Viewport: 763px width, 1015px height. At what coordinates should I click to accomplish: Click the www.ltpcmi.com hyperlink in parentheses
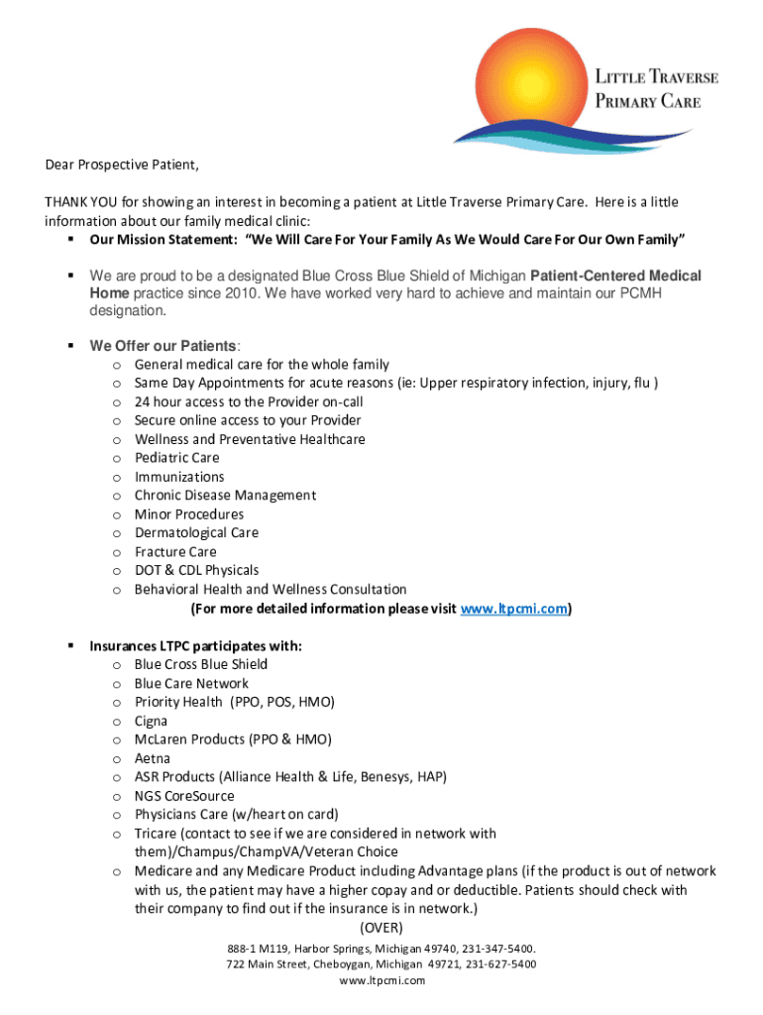pos(514,609)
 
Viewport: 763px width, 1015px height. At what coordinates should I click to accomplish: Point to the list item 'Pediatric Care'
pos(177,458)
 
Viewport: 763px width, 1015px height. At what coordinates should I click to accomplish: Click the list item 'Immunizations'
pos(179,477)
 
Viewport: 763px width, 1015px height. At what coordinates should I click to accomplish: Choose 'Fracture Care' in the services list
pos(175,552)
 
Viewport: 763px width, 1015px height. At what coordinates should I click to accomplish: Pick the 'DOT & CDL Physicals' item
pos(196,571)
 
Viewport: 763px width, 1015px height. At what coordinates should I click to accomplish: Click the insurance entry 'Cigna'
pos(151,722)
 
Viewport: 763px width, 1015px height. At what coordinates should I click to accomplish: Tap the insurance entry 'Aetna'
pos(153,759)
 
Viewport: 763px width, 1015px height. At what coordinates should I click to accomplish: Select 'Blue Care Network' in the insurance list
pos(191,684)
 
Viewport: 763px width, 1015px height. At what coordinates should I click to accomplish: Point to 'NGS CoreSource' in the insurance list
pos(184,796)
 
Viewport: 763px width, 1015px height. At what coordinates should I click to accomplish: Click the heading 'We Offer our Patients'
pos(163,346)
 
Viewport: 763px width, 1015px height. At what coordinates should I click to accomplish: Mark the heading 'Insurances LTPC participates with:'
pos(195,646)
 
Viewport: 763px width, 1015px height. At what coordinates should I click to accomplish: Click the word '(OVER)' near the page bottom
pos(381,928)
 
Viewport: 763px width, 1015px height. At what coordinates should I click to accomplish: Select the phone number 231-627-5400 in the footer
pos(500,964)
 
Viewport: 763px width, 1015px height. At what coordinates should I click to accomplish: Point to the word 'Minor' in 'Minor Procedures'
pos(153,514)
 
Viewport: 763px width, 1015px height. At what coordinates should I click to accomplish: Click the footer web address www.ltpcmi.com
pos(381,980)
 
